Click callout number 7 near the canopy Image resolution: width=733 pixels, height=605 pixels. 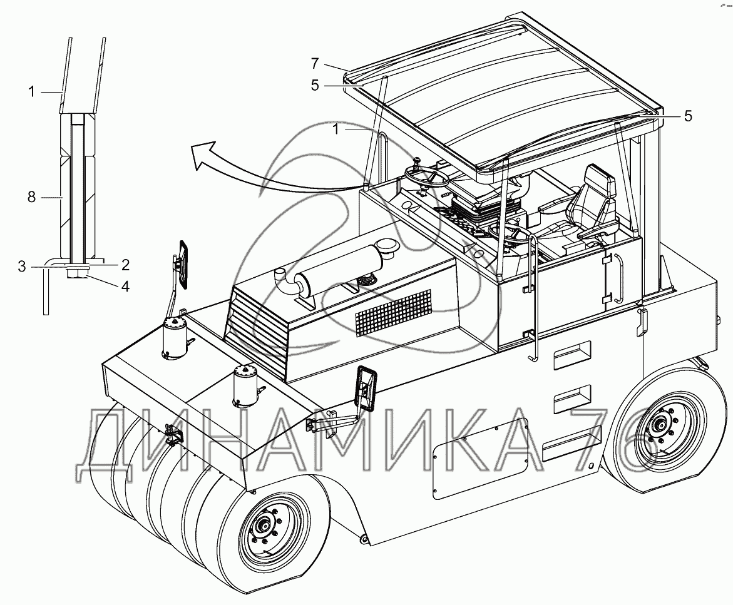coord(315,63)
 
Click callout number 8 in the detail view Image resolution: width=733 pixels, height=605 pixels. coord(31,198)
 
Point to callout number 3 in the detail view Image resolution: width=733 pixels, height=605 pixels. coord(22,267)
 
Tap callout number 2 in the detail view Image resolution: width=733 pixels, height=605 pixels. coord(125,265)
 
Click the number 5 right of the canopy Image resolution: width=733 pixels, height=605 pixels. coord(688,116)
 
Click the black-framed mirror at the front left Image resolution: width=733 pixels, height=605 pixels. coord(183,264)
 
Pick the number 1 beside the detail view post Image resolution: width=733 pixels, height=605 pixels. coord(31,91)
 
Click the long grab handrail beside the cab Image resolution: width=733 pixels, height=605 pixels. coord(534,294)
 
